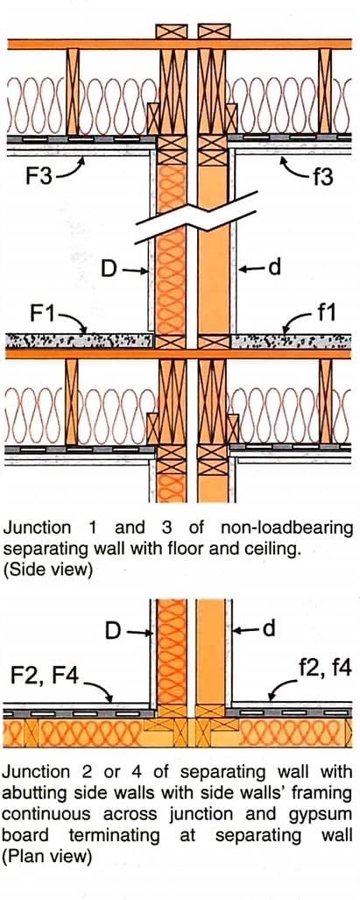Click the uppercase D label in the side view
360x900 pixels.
pyautogui.click(x=108, y=269)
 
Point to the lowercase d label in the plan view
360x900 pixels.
pyautogui.click(x=270, y=627)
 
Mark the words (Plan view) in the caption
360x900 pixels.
pyautogui.click(x=47, y=855)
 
